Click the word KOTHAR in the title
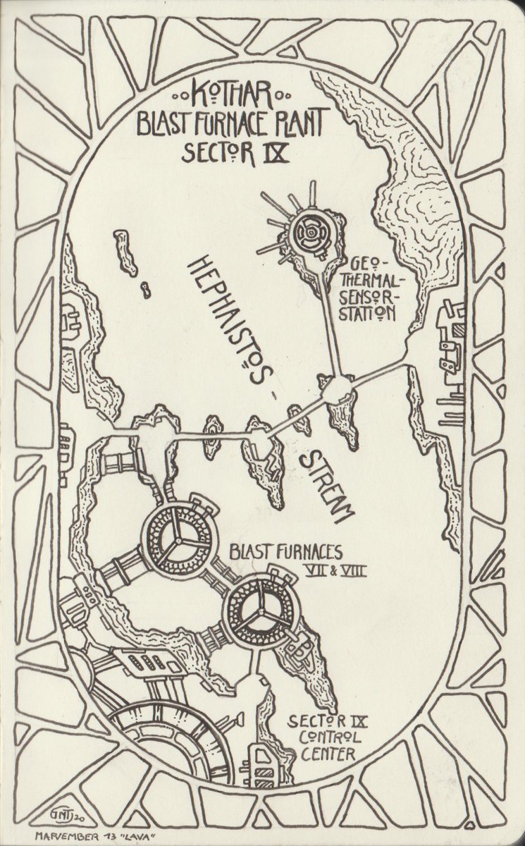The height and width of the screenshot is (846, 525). (231, 94)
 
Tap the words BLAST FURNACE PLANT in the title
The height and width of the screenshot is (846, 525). (230, 123)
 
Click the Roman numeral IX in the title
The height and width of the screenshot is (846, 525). (276, 152)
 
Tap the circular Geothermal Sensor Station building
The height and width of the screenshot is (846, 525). (310, 231)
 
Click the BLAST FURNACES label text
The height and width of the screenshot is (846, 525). (285, 553)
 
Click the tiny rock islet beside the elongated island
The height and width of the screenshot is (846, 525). (145, 289)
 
